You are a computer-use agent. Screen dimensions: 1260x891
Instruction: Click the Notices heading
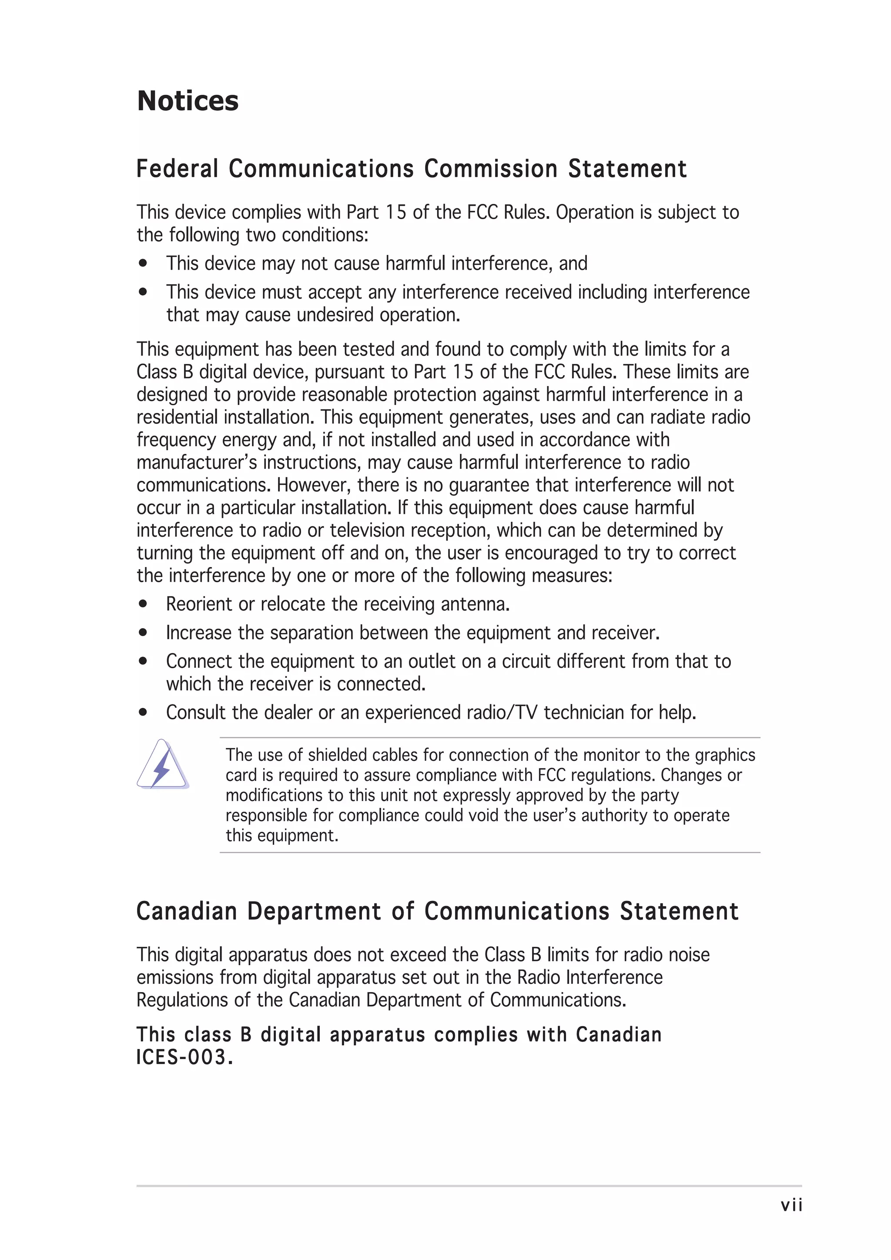coord(188,101)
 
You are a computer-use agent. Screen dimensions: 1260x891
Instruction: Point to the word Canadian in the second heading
coord(186,912)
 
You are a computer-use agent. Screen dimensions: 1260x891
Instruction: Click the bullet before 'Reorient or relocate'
coord(143,604)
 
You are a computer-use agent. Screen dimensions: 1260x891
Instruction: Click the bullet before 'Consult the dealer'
coord(143,712)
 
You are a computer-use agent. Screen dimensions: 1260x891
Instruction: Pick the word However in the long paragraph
coord(314,485)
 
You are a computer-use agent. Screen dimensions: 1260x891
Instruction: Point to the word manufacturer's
coord(197,463)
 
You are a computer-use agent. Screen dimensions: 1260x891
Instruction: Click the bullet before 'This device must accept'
coord(143,292)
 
